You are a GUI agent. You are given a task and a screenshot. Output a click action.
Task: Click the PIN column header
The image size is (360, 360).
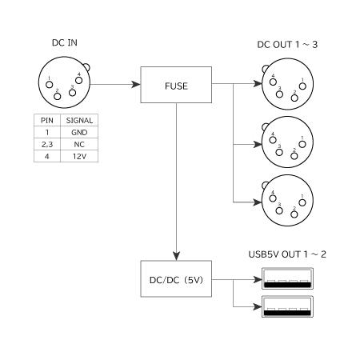(46, 120)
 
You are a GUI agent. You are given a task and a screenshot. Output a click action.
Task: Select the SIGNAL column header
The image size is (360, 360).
(78, 120)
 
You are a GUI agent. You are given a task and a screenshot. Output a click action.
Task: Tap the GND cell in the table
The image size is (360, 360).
(78, 133)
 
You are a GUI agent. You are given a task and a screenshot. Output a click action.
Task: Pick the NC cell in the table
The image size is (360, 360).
(78, 145)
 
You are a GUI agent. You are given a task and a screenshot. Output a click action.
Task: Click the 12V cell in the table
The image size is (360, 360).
(78, 157)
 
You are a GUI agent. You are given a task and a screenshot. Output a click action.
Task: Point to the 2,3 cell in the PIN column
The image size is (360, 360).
(46, 145)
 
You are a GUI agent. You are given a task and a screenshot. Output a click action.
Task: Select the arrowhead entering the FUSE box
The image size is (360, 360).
(136, 84)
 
